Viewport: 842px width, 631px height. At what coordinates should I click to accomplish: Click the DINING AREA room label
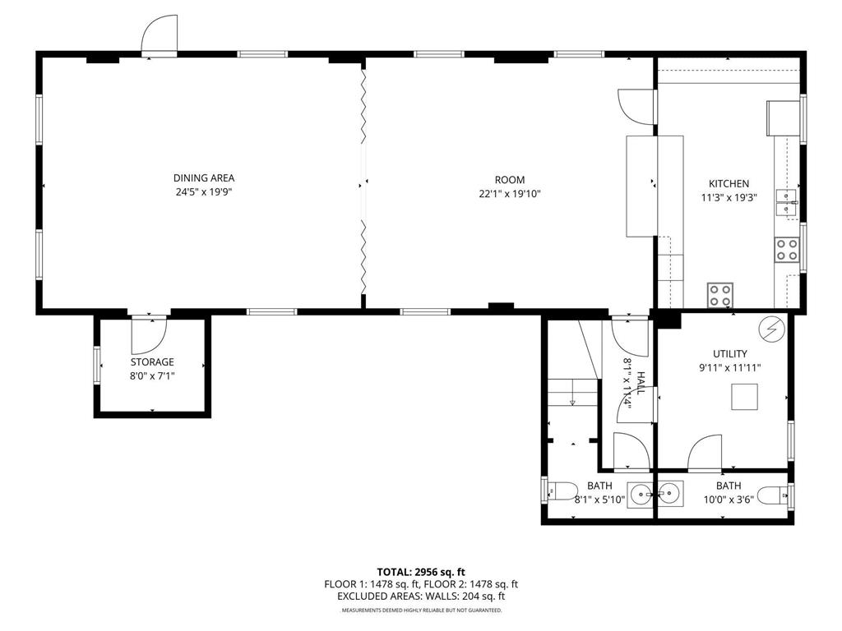(203, 178)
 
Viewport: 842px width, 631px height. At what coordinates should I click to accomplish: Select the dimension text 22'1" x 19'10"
(509, 194)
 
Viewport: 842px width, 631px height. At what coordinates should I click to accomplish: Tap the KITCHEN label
(729, 184)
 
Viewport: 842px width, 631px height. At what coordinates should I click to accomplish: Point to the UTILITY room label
(729, 354)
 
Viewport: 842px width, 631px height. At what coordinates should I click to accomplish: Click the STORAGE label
(152, 362)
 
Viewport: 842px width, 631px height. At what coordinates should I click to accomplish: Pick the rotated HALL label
(640, 381)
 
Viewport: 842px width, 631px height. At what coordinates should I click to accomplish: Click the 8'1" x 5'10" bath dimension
(599, 499)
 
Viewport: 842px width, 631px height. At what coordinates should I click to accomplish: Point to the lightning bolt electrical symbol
(771, 329)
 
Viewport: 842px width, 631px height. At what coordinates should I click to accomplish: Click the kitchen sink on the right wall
(786, 201)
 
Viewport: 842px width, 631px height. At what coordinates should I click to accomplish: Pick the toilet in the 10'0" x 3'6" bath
(773, 495)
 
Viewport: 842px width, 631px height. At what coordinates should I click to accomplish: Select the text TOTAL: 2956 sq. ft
(421, 572)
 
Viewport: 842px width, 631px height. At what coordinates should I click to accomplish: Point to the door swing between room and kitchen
(636, 105)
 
